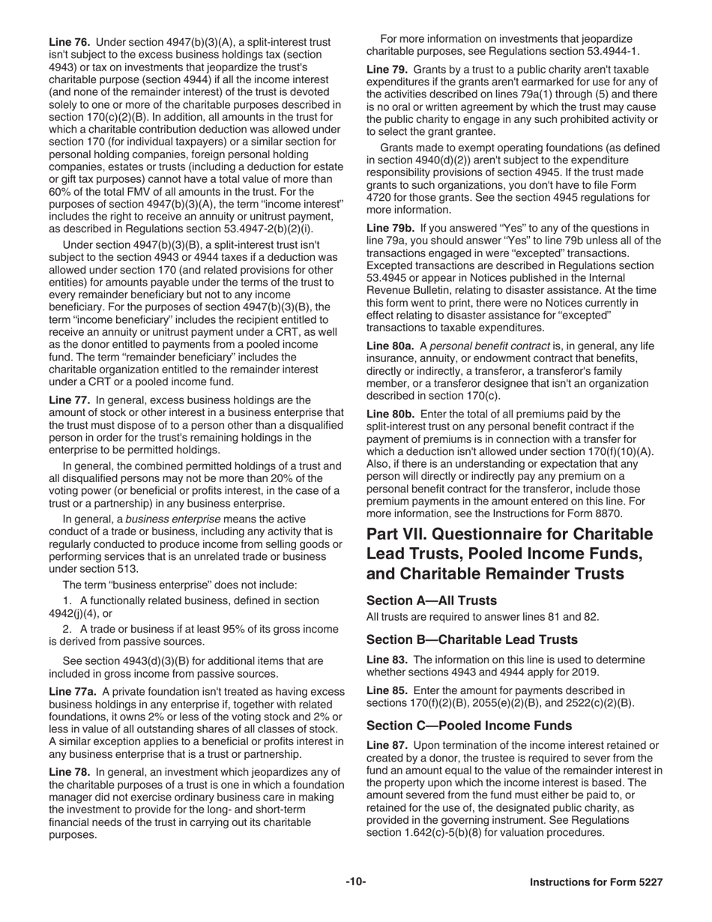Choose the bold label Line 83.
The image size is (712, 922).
click(387, 660)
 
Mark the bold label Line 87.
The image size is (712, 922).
click(387, 745)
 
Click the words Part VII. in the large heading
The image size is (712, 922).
click(398, 534)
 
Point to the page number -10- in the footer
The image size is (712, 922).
click(355, 882)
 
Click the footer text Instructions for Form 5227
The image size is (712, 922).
click(596, 883)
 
